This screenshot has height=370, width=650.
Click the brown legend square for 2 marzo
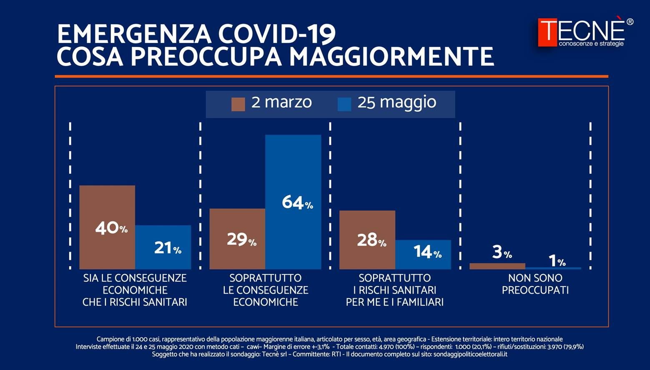coord(238,104)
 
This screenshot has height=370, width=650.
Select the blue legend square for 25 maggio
coord(344,104)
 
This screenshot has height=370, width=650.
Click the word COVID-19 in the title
coord(277,34)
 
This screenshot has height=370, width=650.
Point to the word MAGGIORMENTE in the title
coord(392,57)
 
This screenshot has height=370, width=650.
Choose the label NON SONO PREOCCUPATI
coord(535,284)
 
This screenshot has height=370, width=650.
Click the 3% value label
coord(502,252)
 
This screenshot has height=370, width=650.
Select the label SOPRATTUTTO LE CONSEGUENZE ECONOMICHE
coord(266,290)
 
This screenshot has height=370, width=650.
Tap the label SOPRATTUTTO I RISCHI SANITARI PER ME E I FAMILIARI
coord(395,290)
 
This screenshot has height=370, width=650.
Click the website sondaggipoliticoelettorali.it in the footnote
coord(470,355)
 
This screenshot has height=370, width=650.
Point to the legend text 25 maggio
coord(397,102)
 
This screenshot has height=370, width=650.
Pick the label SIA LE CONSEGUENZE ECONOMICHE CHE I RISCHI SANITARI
coord(135,290)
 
